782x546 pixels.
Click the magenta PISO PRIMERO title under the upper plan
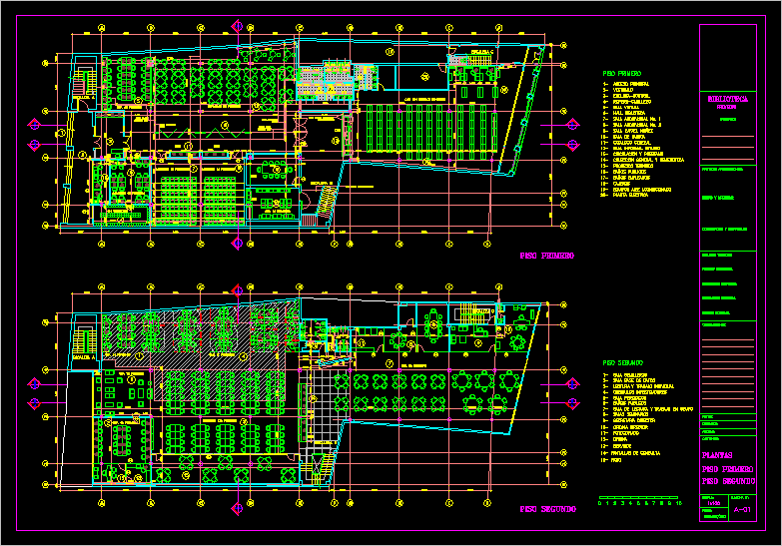pyautogui.click(x=546, y=257)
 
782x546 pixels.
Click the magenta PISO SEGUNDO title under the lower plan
pyautogui.click(x=546, y=510)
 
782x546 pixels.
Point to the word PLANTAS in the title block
pyautogui.click(x=724, y=455)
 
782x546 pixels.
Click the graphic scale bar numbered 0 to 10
pyautogui.click(x=637, y=498)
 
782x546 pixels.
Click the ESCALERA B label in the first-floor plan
pyautogui.click(x=322, y=184)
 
